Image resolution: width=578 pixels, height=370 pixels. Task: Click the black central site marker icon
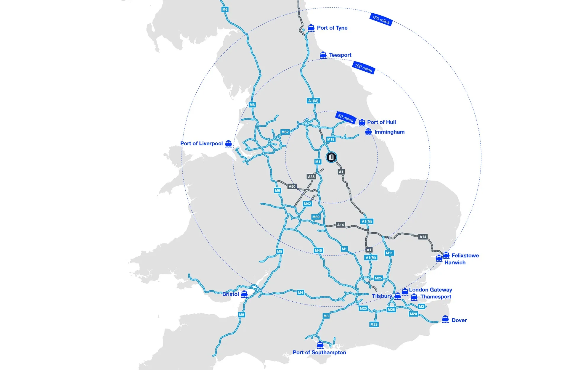point(331,157)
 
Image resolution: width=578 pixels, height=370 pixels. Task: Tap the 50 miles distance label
point(345,118)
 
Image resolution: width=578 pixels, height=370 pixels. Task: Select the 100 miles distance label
point(363,68)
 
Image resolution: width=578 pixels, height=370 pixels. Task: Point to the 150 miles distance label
point(381,20)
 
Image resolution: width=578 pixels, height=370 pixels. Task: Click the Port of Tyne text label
point(332,28)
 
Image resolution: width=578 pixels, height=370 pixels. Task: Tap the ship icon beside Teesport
point(323,55)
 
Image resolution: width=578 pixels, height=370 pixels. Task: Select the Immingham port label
point(389,132)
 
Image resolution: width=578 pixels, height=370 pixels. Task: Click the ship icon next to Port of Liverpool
point(228,144)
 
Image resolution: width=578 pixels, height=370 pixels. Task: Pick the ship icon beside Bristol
point(244,294)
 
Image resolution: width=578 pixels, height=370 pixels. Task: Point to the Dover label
point(459,320)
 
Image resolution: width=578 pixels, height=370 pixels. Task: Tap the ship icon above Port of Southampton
point(320,345)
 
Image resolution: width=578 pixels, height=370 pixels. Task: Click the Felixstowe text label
point(465,255)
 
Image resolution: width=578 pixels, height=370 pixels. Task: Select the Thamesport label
point(436,297)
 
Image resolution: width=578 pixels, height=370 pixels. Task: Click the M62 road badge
point(285,132)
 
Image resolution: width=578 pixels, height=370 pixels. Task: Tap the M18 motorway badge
point(330,139)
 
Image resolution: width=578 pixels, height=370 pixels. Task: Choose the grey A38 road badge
point(311,177)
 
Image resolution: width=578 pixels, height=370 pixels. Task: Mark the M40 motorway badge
point(318,250)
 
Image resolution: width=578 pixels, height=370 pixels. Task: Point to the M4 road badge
point(301,293)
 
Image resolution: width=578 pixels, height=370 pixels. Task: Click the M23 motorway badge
point(374,324)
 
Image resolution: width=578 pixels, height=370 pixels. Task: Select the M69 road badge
point(316,217)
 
